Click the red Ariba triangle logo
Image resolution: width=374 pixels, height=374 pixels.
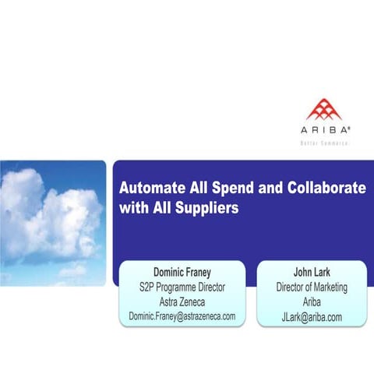tap(324, 111)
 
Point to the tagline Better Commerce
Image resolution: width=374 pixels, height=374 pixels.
tap(324, 143)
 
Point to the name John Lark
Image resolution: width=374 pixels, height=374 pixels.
tap(312, 273)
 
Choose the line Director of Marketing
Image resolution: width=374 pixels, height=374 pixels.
tap(312, 288)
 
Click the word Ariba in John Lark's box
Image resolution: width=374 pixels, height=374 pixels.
tap(312, 302)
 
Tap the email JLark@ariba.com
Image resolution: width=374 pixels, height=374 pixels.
tap(312, 316)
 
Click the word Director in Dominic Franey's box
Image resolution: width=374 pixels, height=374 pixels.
tap(209, 287)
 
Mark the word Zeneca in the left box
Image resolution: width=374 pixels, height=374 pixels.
tap(197, 301)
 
